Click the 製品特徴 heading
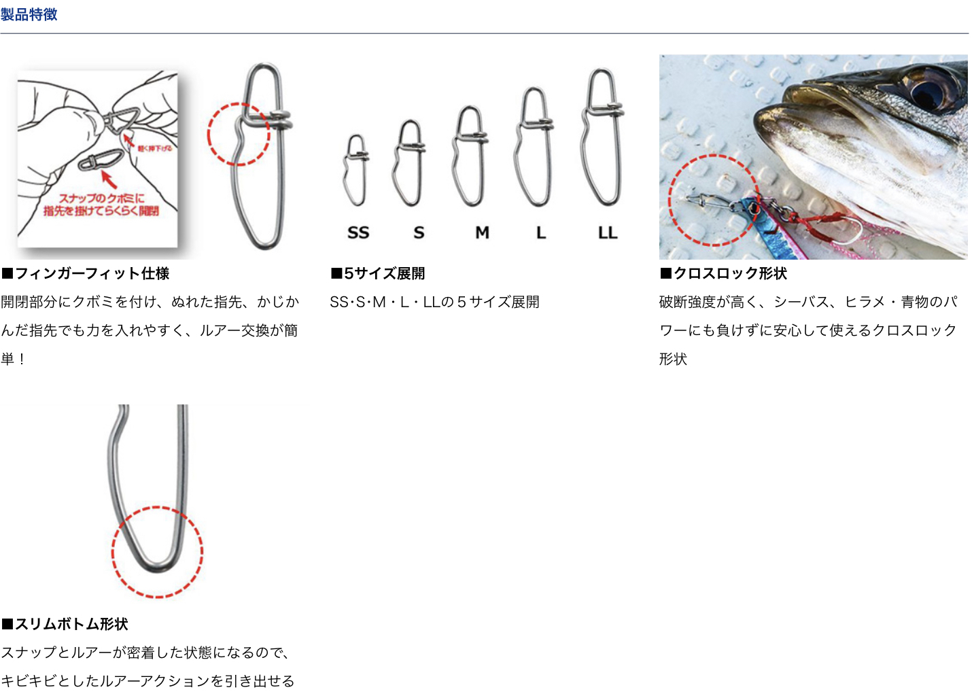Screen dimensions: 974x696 29,14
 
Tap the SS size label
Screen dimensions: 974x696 358,232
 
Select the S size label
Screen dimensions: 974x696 419,232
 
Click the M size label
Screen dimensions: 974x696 482,232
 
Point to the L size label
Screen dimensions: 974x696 541,232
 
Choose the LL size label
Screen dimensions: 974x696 608,232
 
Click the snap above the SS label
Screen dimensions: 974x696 356,170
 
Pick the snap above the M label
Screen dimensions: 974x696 470,156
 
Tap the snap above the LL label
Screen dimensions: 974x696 603,136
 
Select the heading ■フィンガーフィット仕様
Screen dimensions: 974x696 86,273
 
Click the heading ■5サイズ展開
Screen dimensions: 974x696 378,273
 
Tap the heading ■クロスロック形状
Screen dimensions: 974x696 723,273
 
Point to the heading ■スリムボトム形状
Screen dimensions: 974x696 65,624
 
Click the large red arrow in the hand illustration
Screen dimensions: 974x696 108,179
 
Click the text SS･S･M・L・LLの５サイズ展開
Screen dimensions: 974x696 434,302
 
